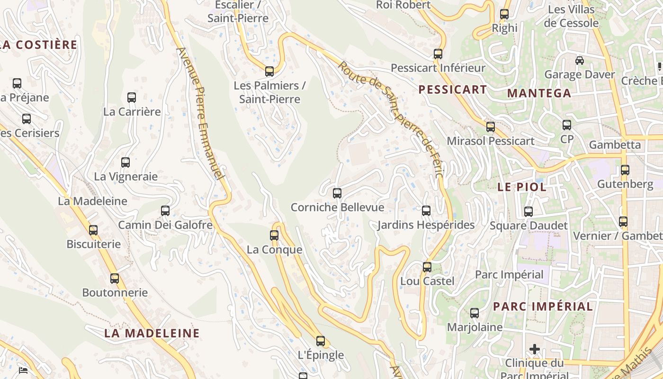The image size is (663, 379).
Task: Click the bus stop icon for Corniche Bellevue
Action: tap(337, 193)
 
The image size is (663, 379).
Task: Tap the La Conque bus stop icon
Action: tap(274, 235)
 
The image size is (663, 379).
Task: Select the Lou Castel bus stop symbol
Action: tap(427, 267)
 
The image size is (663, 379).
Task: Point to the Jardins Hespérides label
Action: tap(426, 225)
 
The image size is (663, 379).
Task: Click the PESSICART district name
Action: tap(453, 90)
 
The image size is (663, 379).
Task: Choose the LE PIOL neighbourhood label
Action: tap(522, 187)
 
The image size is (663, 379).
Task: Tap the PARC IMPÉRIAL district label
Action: tap(543, 307)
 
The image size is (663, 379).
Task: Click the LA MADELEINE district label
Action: tap(152, 333)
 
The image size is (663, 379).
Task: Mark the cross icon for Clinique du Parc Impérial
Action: tap(535, 350)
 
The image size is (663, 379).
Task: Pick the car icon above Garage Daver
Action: tap(579, 61)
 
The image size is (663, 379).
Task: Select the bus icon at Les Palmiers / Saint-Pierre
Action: tap(269, 72)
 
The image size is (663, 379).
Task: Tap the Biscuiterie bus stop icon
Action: tap(93, 230)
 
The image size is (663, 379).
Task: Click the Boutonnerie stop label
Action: tap(115, 292)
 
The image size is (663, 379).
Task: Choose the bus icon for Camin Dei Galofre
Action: tap(165, 211)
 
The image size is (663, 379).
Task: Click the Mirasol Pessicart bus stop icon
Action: tap(491, 127)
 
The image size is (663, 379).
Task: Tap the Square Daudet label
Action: tap(529, 226)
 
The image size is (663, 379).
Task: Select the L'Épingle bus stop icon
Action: tap(321, 341)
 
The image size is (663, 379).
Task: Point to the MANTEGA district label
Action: tap(539, 93)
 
